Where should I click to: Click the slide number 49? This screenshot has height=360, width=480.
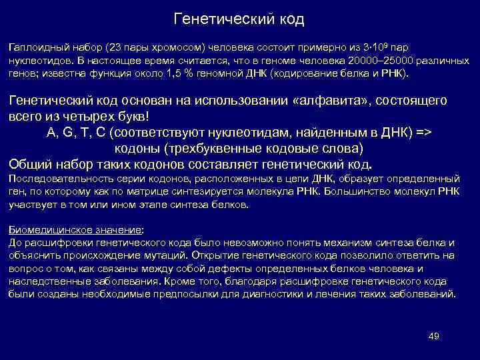click(x=433, y=335)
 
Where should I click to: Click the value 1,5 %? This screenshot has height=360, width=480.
click(x=179, y=73)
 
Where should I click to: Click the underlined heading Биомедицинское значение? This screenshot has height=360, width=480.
click(x=72, y=229)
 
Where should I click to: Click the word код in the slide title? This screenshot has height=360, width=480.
click(x=291, y=19)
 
